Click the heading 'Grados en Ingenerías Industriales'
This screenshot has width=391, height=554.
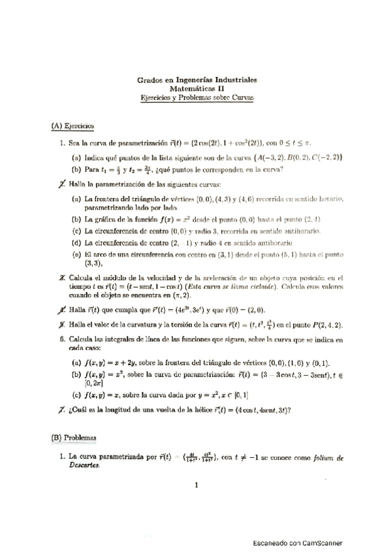click(196, 79)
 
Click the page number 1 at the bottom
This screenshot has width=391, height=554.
click(196, 485)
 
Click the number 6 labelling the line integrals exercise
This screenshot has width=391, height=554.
click(61, 340)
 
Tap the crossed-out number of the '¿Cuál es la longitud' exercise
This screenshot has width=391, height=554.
click(60, 410)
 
